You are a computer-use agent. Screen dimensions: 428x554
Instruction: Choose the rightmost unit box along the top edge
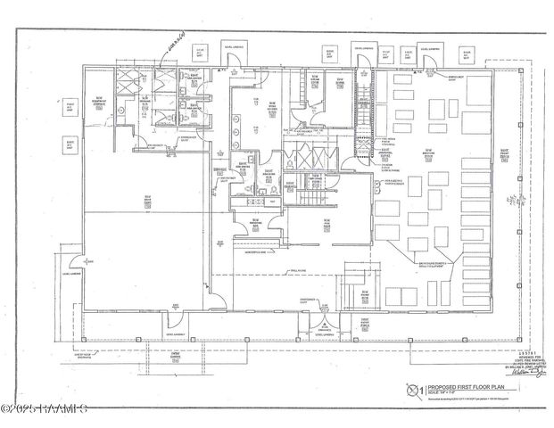click(x=467, y=54)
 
